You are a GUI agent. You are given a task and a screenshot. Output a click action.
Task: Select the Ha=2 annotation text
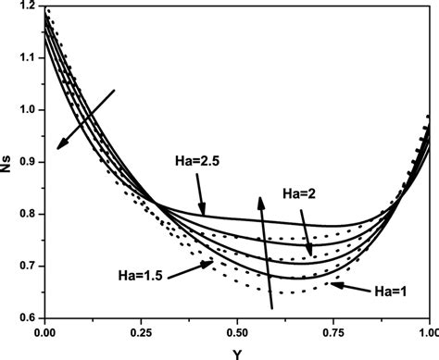pos(303,192)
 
